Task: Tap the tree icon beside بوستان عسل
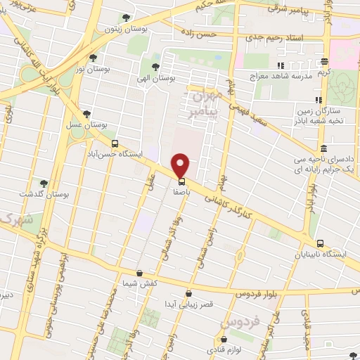coord(87,113)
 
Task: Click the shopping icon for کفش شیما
coord(139,273)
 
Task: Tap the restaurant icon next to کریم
coord(323,61)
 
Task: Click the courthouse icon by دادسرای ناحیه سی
coord(323,149)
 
